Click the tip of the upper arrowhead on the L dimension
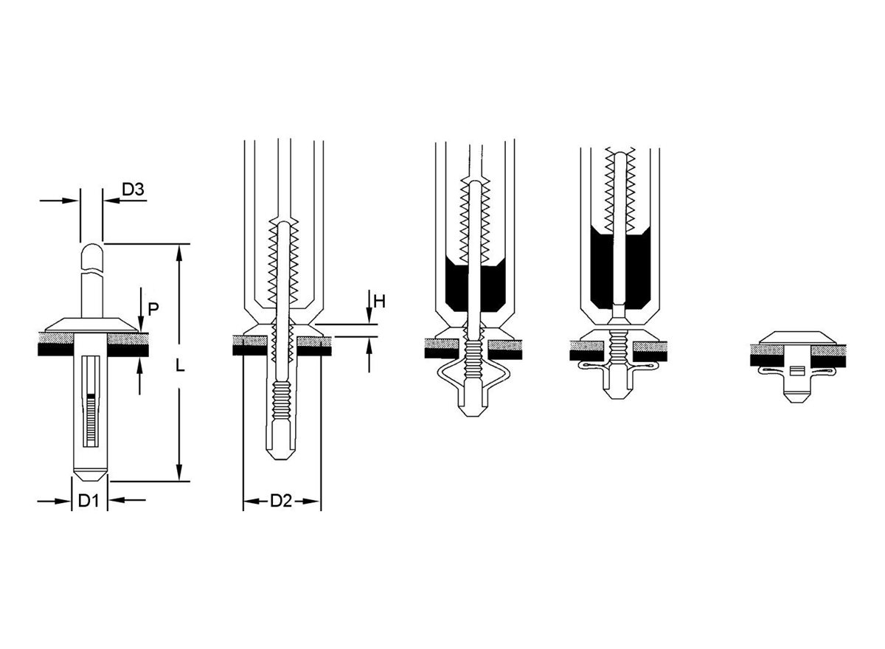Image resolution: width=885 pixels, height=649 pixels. [179, 245]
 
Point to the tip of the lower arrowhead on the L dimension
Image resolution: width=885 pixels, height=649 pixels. [179, 481]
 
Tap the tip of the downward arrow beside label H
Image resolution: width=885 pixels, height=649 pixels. [369, 324]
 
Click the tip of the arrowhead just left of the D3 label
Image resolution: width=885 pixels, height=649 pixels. [104, 201]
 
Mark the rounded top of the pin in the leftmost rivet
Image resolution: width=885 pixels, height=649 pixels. [92, 250]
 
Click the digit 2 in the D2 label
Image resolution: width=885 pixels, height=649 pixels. [286, 501]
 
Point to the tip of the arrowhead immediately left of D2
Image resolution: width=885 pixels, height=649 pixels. [244, 502]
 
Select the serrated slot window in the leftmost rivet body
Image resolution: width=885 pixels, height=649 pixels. [91, 401]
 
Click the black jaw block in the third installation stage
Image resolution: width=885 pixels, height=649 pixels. [475, 285]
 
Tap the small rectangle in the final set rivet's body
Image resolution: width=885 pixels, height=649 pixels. [796, 371]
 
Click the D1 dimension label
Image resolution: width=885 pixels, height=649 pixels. [88, 501]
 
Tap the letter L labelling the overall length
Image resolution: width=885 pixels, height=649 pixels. [180, 366]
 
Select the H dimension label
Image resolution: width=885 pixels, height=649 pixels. [379, 302]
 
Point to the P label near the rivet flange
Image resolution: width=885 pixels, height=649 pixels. [153, 309]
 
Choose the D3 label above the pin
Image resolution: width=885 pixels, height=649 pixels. [133, 190]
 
